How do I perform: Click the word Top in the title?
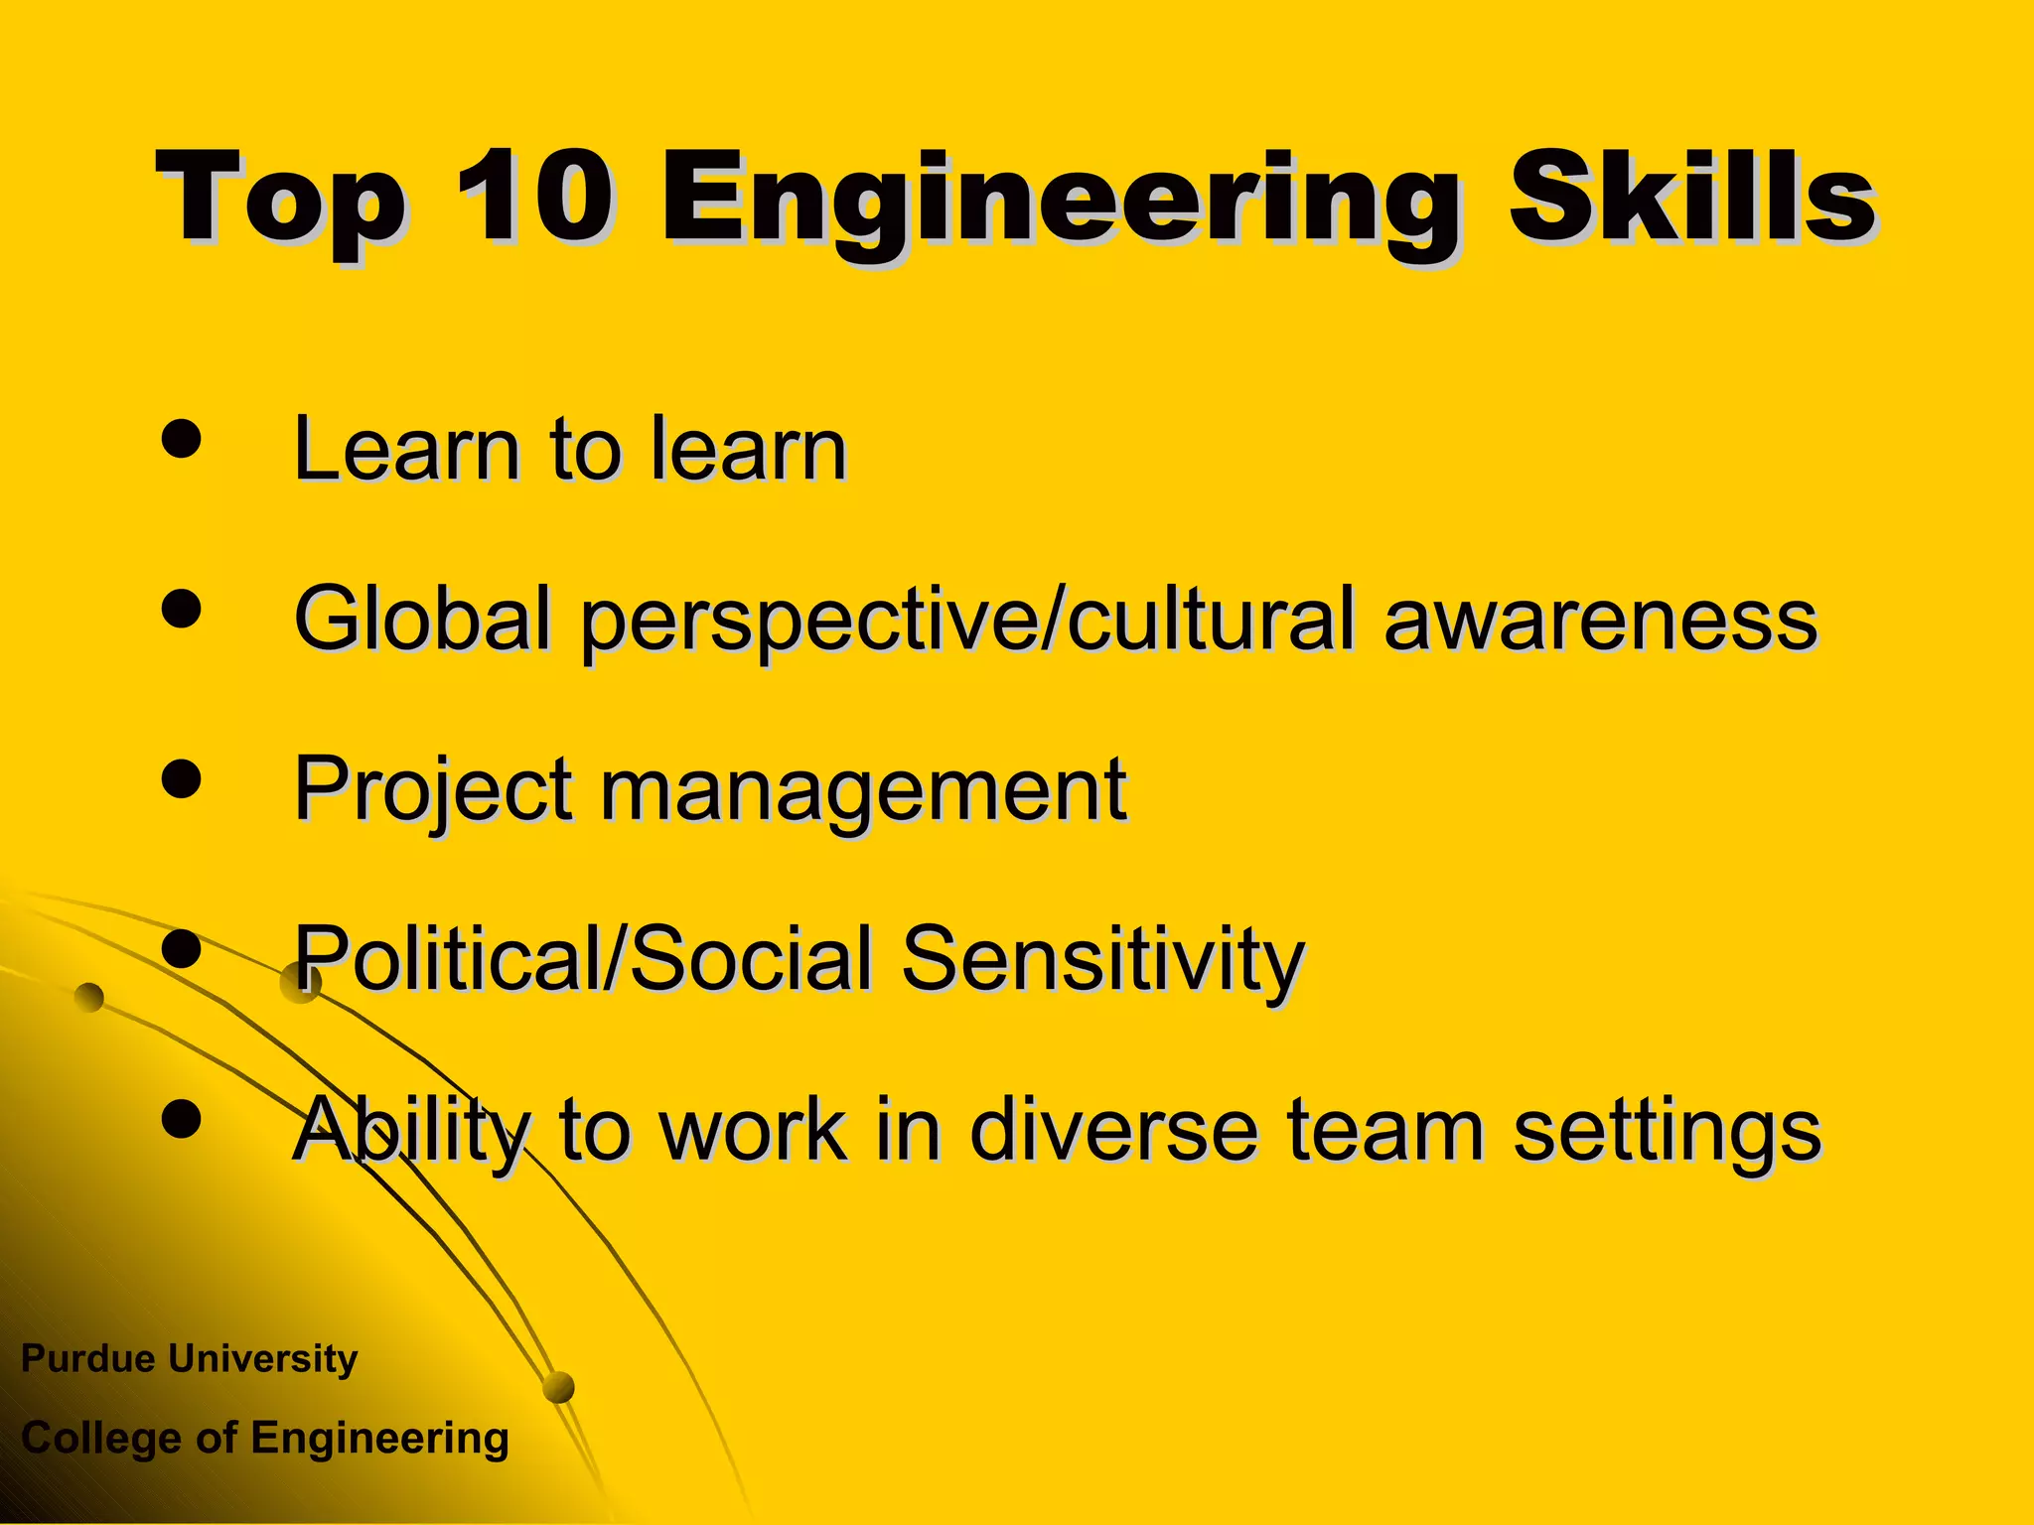[280, 202]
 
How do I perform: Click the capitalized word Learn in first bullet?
[407, 449]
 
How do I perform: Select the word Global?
[422, 619]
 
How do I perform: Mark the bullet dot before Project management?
[181, 777]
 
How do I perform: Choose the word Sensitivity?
[1102, 959]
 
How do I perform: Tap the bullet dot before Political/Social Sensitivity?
[181, 948]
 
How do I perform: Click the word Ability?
[411, 1130]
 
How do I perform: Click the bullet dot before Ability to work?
[181, 1118]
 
